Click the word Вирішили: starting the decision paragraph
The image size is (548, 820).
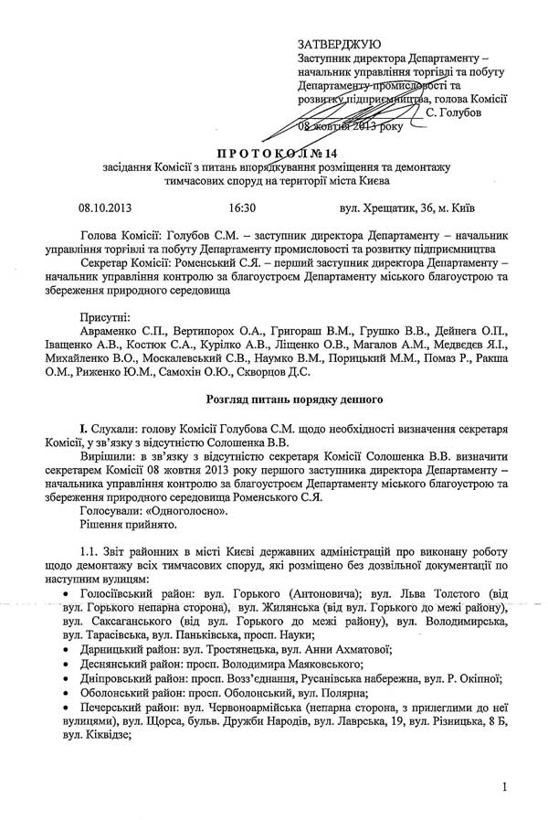[109, 457]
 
